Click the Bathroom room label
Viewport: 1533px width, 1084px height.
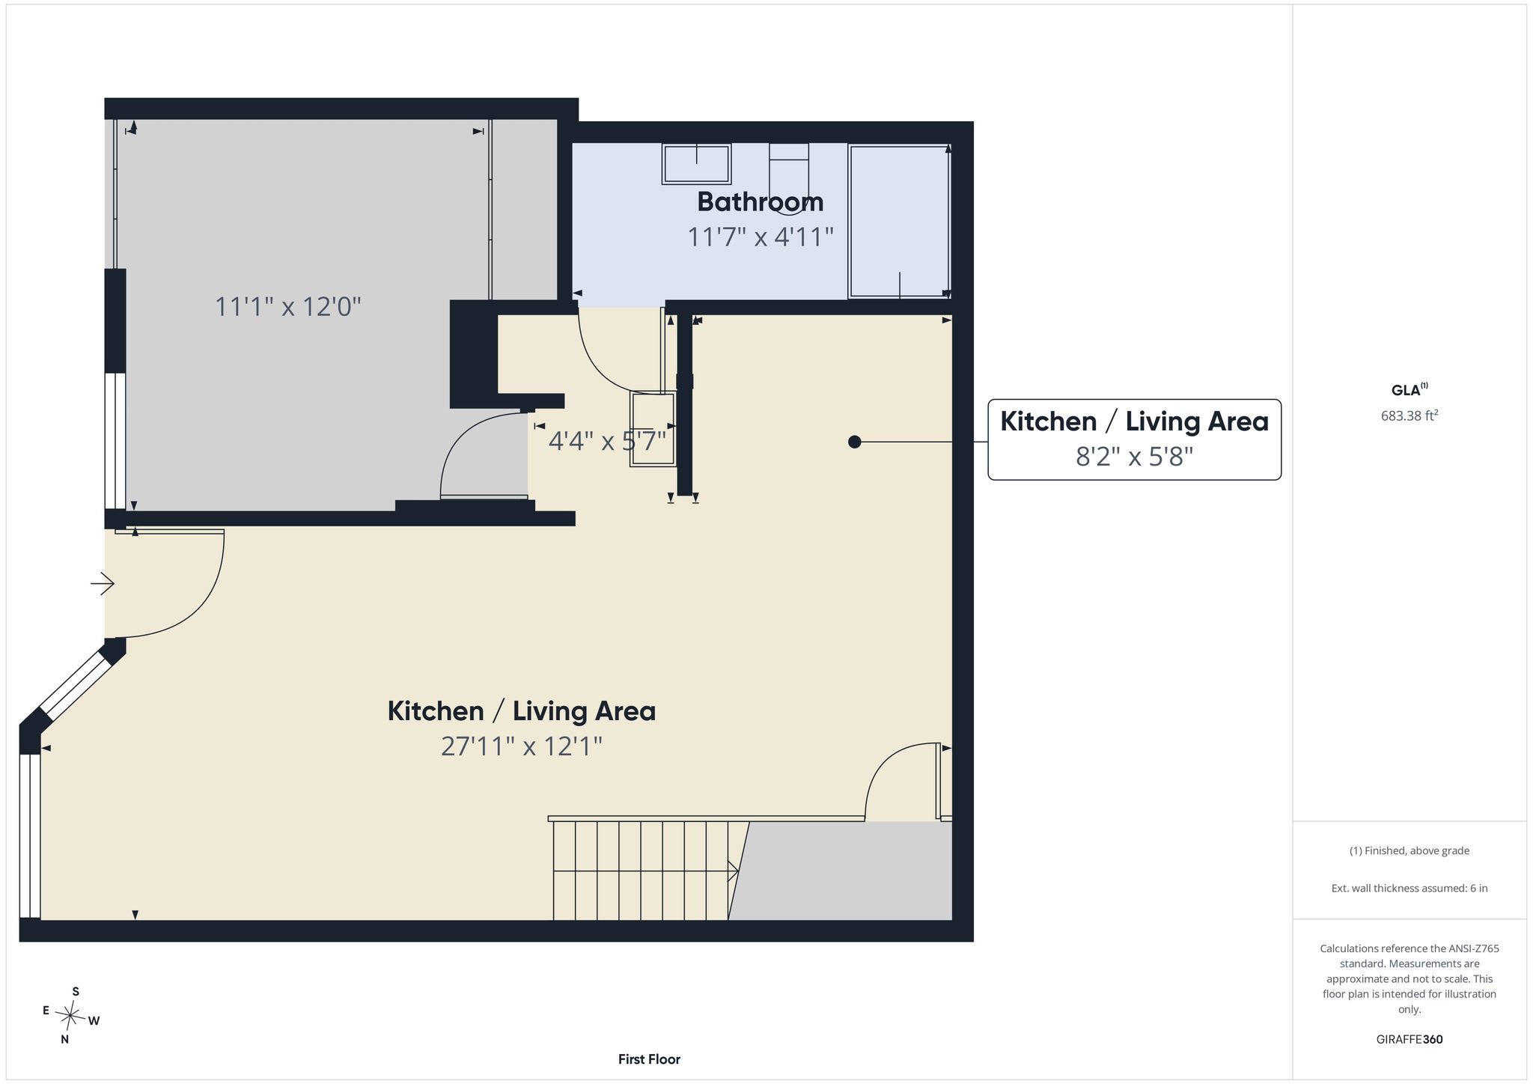761,202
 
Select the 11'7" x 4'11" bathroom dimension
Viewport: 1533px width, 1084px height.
761,237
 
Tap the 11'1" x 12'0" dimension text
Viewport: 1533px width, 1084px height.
288,306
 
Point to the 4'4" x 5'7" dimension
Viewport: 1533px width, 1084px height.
607,440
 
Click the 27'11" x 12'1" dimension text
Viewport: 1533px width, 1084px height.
522,746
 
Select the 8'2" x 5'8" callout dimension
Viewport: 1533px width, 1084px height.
1134,457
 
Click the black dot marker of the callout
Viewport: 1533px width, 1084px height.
855,442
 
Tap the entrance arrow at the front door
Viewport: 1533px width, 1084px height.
103,583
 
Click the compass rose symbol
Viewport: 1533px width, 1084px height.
70,1016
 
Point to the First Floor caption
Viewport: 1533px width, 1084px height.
649,1059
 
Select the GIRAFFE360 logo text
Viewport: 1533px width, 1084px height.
1409,1039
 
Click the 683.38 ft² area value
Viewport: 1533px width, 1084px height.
1409,416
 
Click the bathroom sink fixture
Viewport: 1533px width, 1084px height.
696,164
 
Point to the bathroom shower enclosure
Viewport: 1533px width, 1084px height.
899,222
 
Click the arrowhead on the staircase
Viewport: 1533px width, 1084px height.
734,871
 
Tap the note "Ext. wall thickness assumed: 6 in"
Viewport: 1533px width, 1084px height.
1409,889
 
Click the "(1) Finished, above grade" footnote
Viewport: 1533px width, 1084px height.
1409,850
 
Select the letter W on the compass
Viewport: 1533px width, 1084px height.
94,1020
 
